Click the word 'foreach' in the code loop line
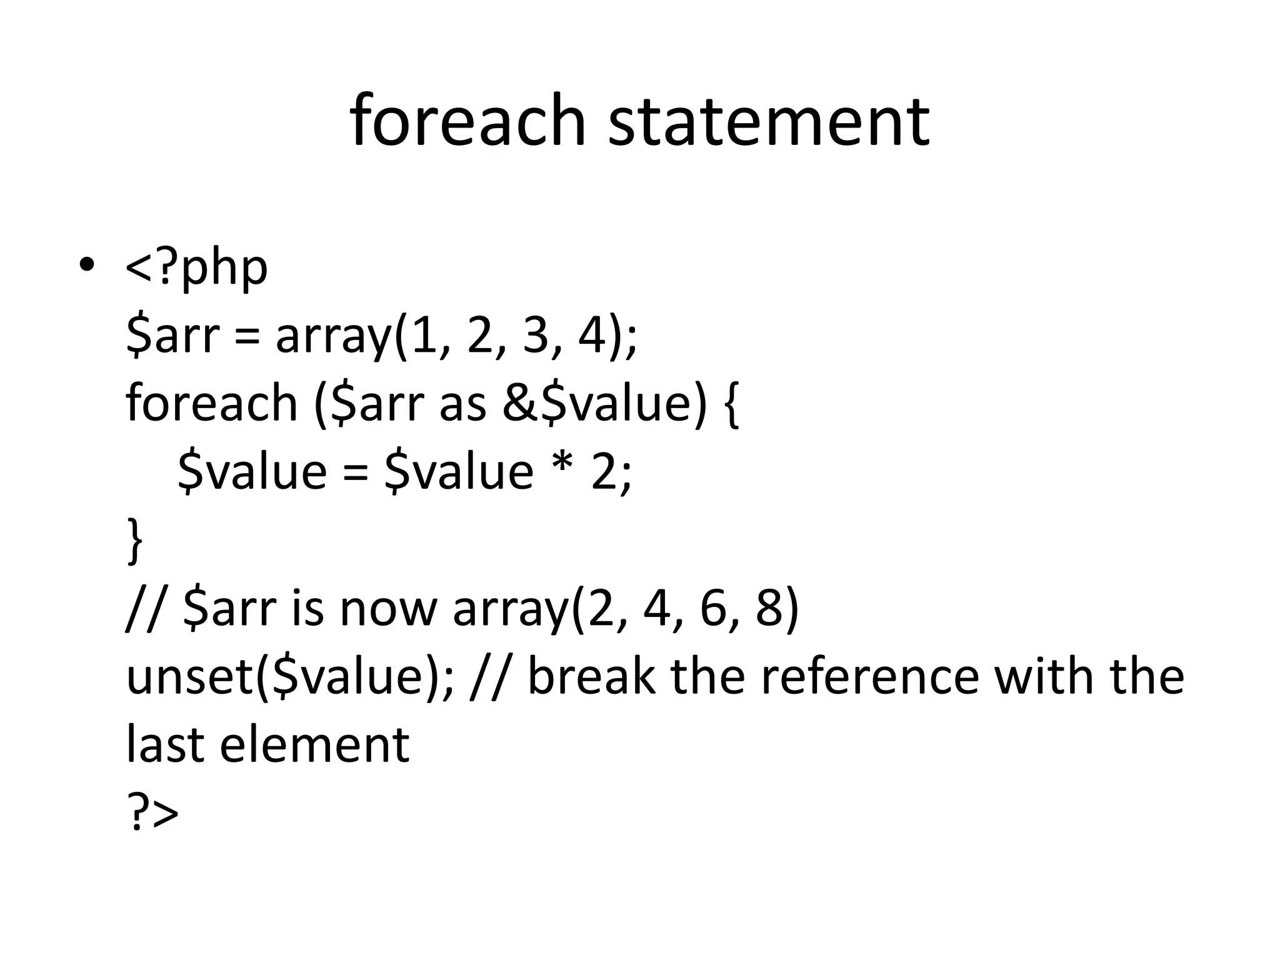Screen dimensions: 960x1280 click(211, 403)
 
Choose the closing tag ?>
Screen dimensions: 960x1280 click(152, 812)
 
